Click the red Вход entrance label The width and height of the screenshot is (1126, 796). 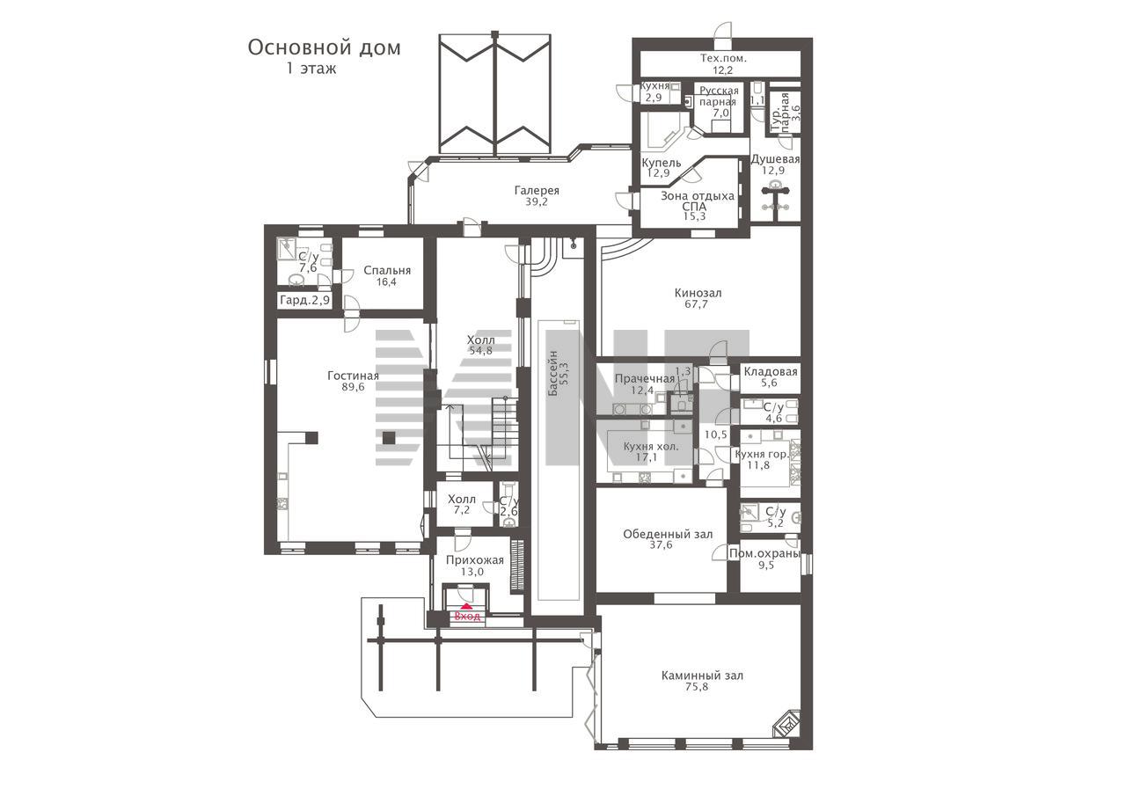[x=467, y=616]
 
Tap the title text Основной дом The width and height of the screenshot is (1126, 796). [x=325, y=48]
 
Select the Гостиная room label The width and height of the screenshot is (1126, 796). [x=353, y=376]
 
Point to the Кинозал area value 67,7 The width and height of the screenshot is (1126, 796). [x=696, y=304]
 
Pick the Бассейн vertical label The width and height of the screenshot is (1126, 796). [x=553, y=374]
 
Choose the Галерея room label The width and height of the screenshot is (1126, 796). [x=537, y=191]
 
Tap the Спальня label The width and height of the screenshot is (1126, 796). [x=387, y=271]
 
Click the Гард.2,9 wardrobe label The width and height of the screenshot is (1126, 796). [x=304, y=301]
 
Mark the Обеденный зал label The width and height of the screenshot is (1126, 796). [x=668, y=534]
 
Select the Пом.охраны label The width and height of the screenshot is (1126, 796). [x=764, y=554]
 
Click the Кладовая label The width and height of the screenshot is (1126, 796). [x=771, y=372]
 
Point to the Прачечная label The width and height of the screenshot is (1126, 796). [x=645, y=379]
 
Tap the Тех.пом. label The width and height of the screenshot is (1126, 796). [x=723, y=58]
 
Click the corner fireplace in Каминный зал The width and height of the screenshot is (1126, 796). [x=787, y=724]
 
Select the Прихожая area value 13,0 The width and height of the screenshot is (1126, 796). [x=472, y=572]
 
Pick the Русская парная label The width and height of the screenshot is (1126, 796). [x=720, y=97]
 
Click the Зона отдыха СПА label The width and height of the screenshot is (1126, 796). [x=698, y=201]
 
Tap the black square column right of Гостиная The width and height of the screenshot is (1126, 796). [x=388, y=438]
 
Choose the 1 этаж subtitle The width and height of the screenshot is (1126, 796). [x=311, y=69]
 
